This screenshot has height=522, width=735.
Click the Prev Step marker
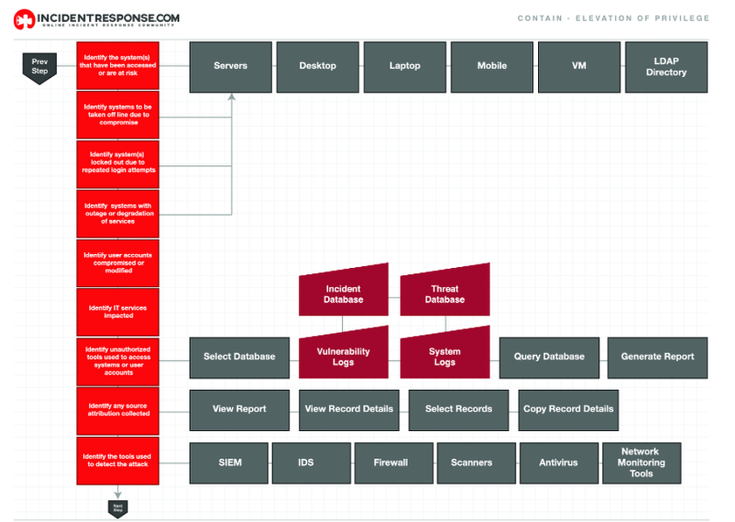(x=39, y=67)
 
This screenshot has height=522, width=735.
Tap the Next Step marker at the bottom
(x=117, y=506)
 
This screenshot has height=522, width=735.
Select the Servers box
(x=230, y=66)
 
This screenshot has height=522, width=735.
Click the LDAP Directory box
(x=666, y=67)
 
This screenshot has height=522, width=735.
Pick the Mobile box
(x=492, y=66)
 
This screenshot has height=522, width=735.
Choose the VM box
(x=579, y=66)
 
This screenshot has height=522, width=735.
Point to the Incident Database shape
(x=343, y=293)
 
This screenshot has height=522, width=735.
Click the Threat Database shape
(x=444, y=293)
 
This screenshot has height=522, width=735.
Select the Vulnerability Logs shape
(x=343, y=355)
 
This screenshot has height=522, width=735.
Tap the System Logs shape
(x=444, y=355)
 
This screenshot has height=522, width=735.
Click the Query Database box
(x=549, y=356)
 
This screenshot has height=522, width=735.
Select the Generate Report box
(x=657, y=356)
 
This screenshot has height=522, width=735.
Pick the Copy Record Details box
(x=568, y=409)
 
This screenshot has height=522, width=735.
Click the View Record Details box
(x=349, y=409)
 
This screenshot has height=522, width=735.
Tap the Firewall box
(x=390, y=462)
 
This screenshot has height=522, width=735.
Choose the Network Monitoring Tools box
(x=640, y=462)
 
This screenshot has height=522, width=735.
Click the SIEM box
(x=230, y=462)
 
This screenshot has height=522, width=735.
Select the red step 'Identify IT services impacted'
(x=117, y=312)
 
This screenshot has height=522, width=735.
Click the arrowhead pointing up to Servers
(x=232, y=97)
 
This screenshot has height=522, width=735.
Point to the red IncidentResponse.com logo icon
(x=24, y=18)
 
